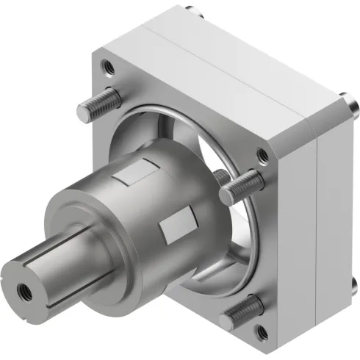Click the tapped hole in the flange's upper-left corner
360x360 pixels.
point(107,67)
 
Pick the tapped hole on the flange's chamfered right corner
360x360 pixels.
point(262,155)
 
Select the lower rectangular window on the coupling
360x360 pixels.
point(176,228)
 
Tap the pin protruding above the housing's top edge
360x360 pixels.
point(192,10)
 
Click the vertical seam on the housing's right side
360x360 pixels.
point(315,220)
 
